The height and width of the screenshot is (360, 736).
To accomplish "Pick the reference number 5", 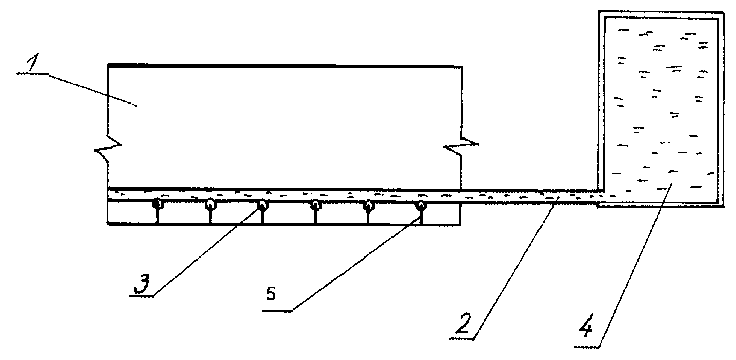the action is (x=271, y=294).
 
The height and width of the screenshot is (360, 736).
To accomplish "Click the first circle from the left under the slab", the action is (x=158, y=204).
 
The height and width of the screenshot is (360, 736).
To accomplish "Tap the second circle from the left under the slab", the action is (x=211, y=204).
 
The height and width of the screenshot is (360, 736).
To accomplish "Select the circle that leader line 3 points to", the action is (x=263, y=204).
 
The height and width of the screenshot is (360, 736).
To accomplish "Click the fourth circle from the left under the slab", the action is (x=315, y=204).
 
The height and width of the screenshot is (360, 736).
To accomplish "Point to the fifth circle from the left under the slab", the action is (x=368, y=204).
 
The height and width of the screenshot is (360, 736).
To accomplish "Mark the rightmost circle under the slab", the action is (x=421, y=205).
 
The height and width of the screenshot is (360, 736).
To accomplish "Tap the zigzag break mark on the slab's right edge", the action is (x=461, y=144).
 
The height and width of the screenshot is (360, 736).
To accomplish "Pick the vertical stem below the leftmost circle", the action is (x=158, y=217).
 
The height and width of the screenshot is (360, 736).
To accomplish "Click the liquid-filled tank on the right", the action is (x=661, y=109).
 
